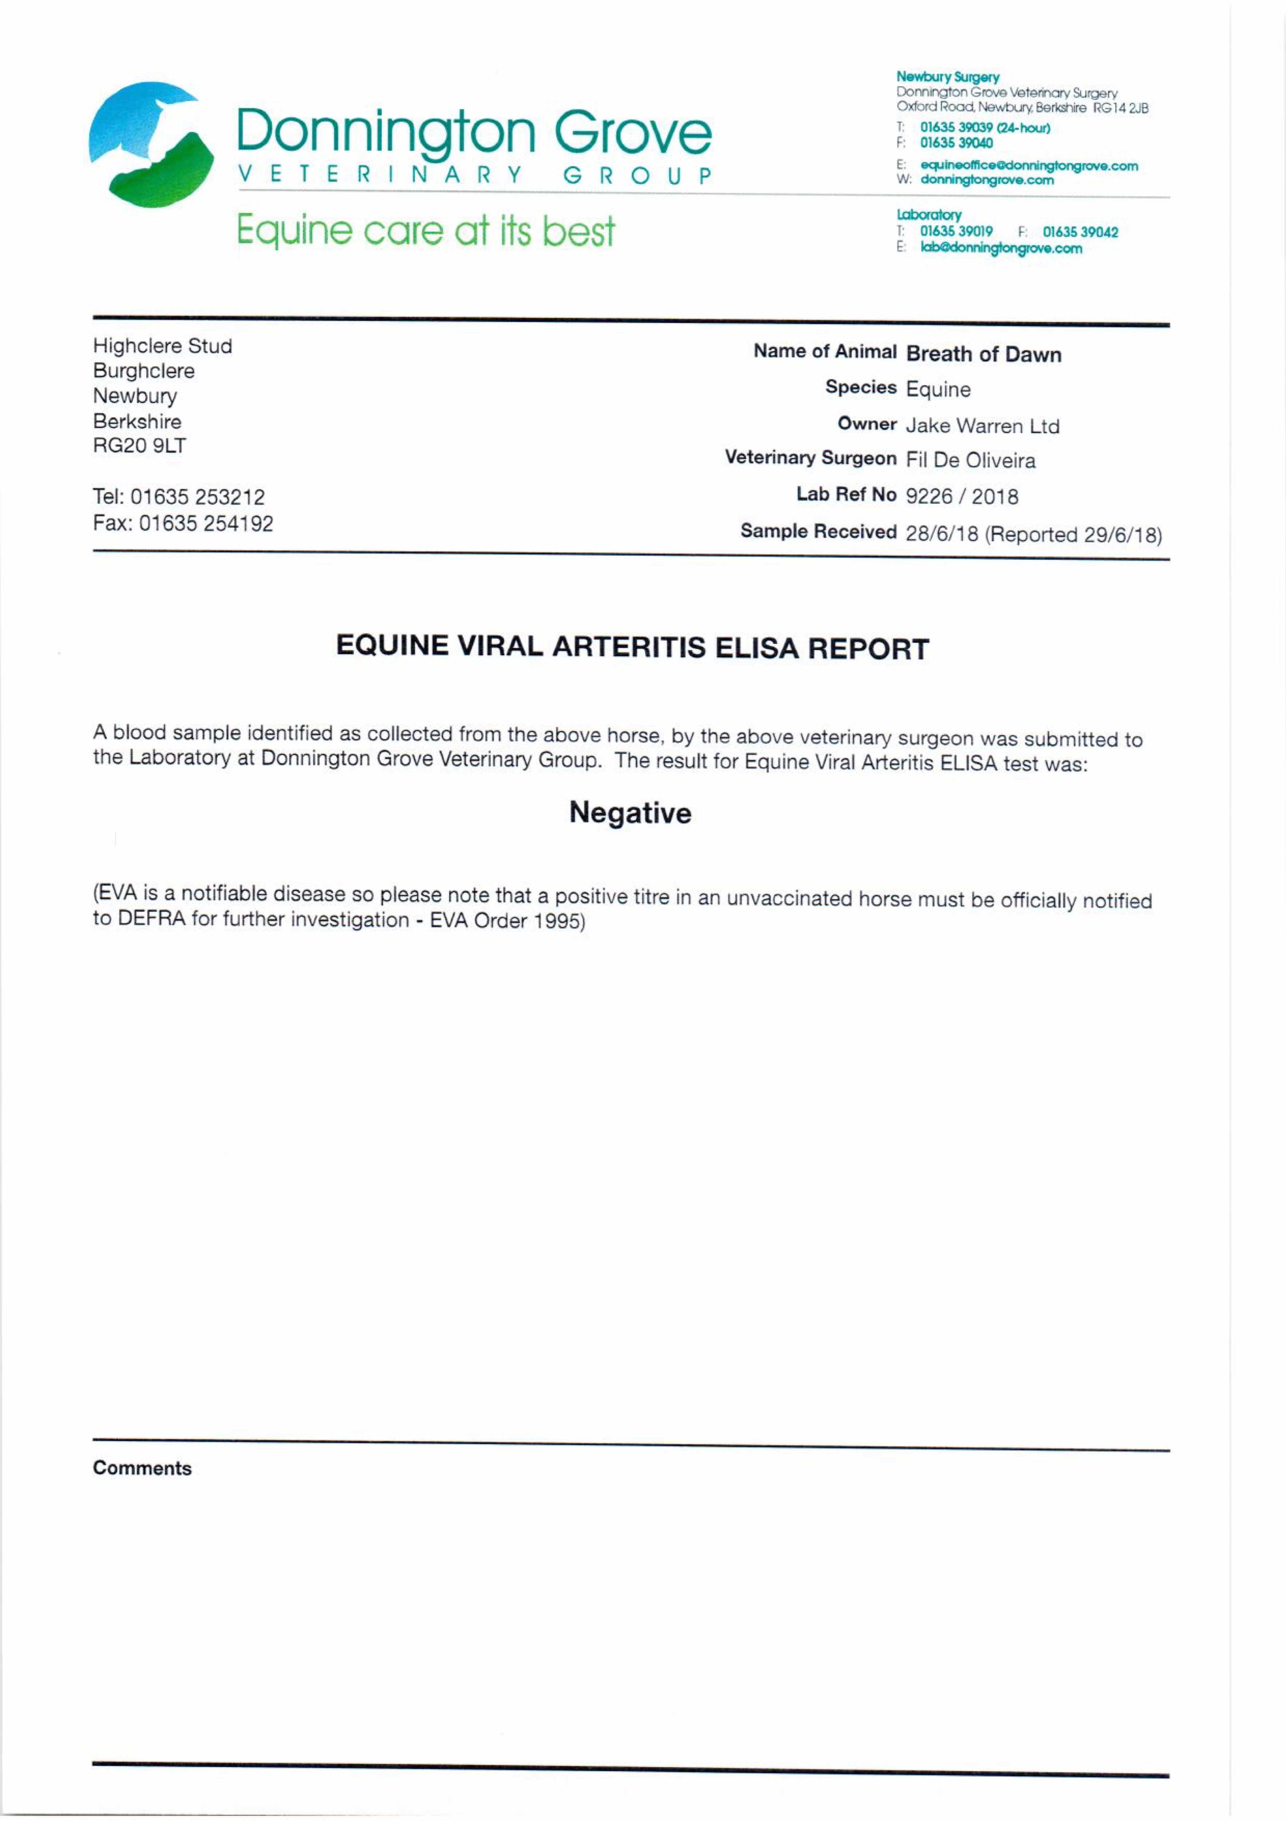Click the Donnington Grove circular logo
click(151, 144)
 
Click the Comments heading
click(142, 1468)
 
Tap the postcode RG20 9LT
click(139, 446)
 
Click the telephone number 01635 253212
click(197, 497)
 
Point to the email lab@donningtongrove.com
click(1001, 248)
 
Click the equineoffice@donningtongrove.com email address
click(1028, 166)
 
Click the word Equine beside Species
click(938, 389)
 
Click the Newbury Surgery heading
click(947, 77)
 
